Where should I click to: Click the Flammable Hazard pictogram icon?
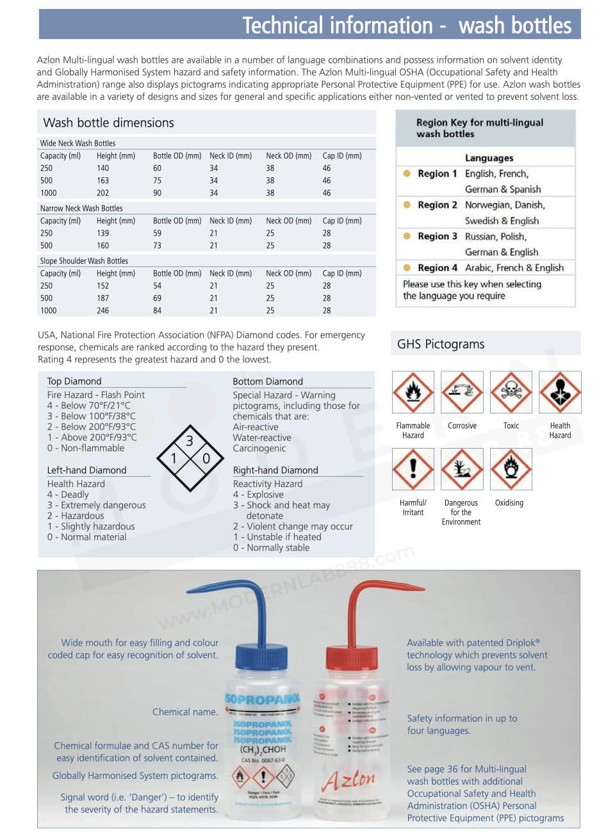(x=413, y=392)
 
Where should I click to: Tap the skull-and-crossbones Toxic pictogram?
(x=511, y=392)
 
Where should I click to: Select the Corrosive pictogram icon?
(x=462, y=392)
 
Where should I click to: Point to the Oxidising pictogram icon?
(x=511, y=469)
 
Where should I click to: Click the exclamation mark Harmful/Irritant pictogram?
(x=413, y=469)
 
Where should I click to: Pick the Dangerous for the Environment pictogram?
(x=462, y=469)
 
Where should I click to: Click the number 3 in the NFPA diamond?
(x=190, y=441)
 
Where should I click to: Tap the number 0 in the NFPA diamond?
(x=206, y=458)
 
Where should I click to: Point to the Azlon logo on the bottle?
(x=349, y=780)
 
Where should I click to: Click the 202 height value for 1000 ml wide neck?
(x=103, y=193)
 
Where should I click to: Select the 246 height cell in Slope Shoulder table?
(x=103, y=310)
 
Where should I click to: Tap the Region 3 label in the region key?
(x=438, y=236)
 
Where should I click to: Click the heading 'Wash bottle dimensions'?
(x=109, y=123)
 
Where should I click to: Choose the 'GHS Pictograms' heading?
(x=441, y=344)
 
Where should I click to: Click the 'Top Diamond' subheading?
(x=74, y=381)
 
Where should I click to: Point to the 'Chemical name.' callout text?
(x=185, y=712)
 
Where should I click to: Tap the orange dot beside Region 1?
(x=407, y=173)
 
